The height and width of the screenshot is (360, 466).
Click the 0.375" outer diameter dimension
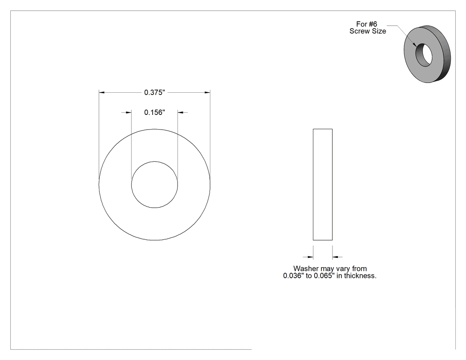coord(154,92)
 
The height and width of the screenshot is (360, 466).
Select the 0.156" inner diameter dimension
coord(154,112)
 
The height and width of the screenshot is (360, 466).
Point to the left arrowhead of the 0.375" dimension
coord(102,92)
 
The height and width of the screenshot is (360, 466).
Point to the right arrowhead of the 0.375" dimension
coord(207,92)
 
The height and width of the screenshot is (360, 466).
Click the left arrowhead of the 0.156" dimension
coord(128,112)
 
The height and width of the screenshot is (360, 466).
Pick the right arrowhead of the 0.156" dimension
coord(181,112)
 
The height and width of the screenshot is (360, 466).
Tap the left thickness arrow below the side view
coord(308,257)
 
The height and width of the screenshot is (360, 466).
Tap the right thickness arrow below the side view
coord(337,257)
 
